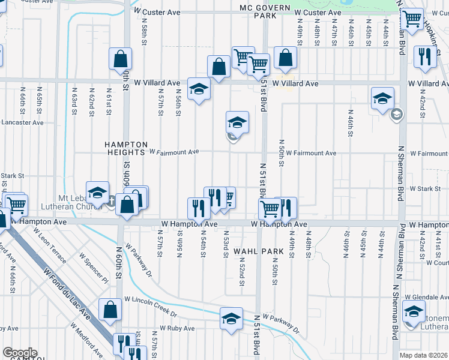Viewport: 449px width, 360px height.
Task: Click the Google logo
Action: click(20, 353)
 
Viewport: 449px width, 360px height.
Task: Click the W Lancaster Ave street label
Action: click(22, 122)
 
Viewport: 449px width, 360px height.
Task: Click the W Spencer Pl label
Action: click(93, 268)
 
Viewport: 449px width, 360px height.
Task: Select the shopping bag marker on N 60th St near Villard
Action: click(121, 59)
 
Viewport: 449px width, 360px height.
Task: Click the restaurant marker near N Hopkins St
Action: click(426, 58)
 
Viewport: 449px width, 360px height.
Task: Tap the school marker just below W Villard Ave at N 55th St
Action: click(199, 89)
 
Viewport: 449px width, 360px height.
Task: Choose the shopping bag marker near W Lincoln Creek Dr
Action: click(110, 310)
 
